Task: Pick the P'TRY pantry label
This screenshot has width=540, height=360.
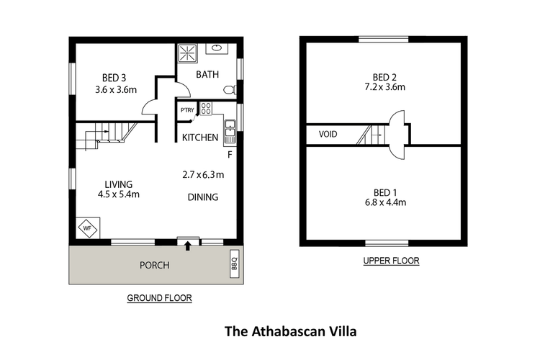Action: pyautogui.click(x=187, y=110)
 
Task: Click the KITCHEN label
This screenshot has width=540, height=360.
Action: pyautogui.click(x=200, y=138)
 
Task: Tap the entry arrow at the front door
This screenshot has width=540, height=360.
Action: pyautogui.click(x=189, y=246)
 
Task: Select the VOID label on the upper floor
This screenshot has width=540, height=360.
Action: pyautogui.click(x=328, y=134)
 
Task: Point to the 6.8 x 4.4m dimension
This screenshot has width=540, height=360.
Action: pyautogui.click(x=385, y=202)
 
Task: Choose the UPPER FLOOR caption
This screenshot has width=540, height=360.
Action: pyautogui.click(x=391, y=261)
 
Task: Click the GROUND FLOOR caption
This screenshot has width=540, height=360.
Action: pyautogui.click(x=159, y=297)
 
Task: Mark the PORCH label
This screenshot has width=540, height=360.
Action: pyautogui.click(x=154, y=265)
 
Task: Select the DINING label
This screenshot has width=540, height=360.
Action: pyautogui.click(x=203, y=197)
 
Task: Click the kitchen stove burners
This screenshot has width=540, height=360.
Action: pyautogui.click(x=205, y=109)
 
